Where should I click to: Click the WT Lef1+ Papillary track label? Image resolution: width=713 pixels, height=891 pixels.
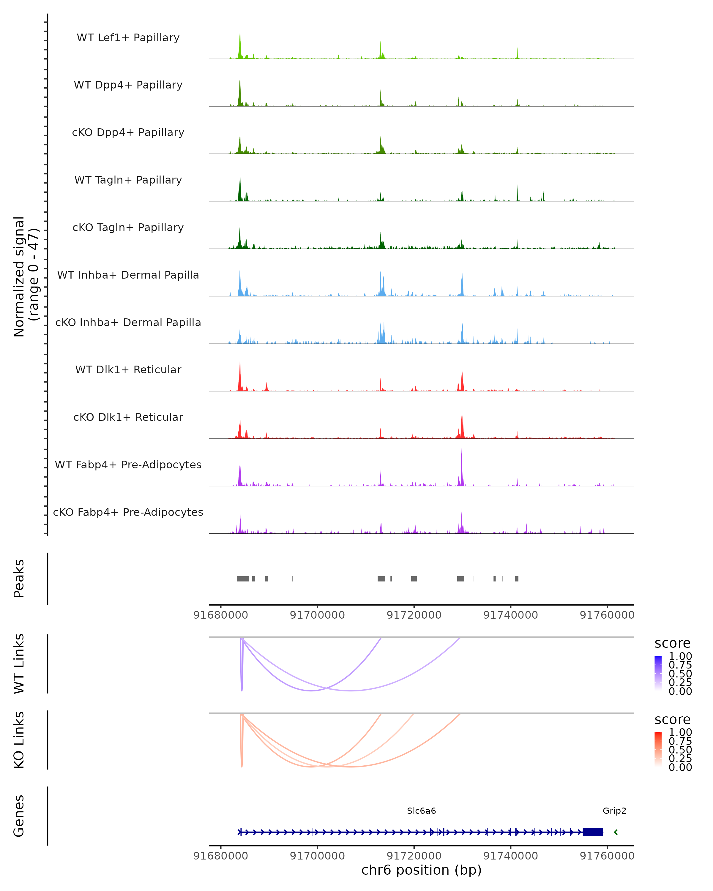(x=128, y=38)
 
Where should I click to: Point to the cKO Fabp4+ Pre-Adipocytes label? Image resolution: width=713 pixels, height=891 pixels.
(x=128, y=512)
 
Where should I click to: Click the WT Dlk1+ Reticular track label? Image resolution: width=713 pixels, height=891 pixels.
(x=128, y=369)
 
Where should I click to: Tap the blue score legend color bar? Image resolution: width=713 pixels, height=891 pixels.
(x=658, y=673)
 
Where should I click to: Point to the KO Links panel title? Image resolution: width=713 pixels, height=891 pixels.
(x=19, y=740)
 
